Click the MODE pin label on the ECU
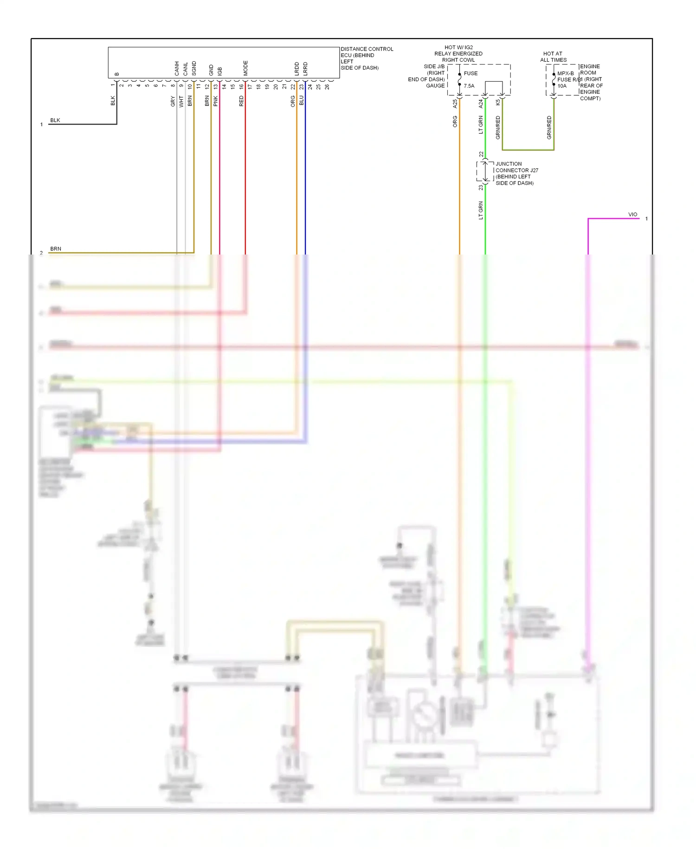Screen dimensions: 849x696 245,68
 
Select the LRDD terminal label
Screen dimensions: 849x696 296,69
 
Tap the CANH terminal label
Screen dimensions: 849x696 177,68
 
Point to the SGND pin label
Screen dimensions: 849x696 194,68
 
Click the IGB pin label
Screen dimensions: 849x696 219,71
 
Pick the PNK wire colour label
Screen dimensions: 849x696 215,101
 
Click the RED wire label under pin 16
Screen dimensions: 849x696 241,101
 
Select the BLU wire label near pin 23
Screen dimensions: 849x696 301,101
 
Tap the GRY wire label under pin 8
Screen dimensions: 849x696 173,101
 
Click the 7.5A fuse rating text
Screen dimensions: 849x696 469,86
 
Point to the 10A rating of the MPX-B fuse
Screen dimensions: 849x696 562,86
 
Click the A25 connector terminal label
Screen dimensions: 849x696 455,104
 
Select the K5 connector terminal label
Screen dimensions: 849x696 498,102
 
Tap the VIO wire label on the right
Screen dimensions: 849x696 632,215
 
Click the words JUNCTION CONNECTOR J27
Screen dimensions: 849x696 516,167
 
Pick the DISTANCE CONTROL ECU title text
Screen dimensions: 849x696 367,52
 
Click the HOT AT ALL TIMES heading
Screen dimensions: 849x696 553,57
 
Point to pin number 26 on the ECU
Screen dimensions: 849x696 327,87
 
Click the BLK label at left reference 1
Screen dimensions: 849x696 55,120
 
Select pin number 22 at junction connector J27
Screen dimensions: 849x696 481,154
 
